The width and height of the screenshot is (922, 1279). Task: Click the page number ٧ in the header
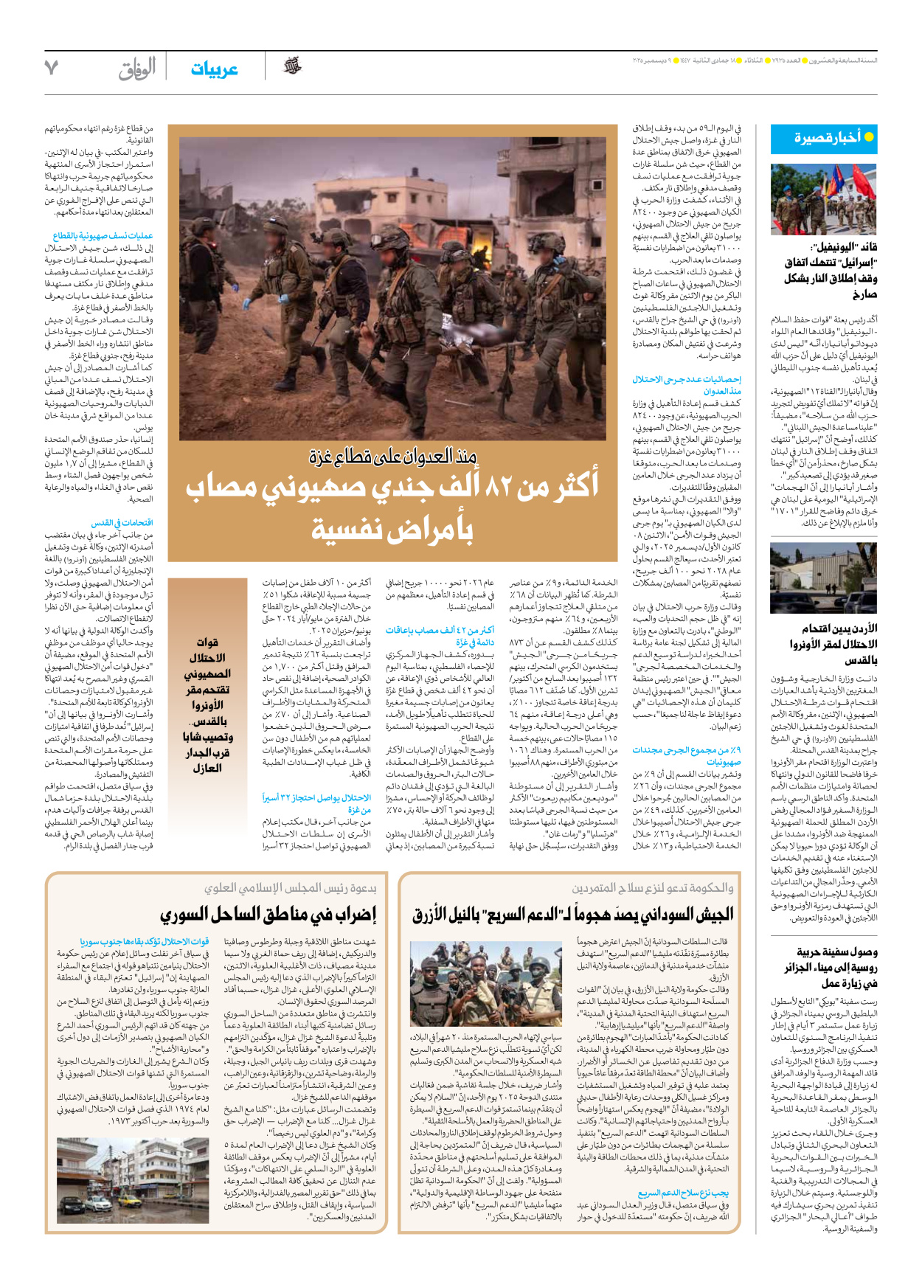click(51, 68)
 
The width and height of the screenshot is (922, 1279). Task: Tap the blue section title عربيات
click(214, 69)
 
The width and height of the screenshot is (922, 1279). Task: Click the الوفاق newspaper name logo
click(137, 69)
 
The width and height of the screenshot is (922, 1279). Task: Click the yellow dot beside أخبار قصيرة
click(869, 137)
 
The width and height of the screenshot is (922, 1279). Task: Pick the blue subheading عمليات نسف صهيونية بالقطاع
click(103, 236)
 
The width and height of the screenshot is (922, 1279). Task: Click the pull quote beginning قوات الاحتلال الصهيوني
click(207, 704)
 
